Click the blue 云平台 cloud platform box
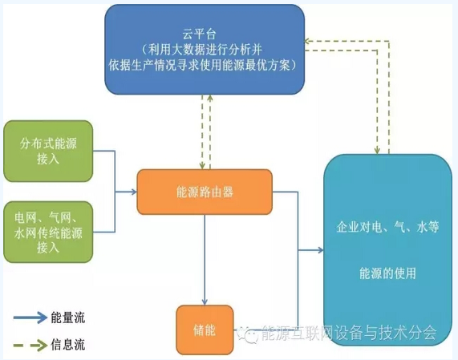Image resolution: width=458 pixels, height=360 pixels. point(205,49)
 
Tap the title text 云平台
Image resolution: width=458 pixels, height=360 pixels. point(200,34)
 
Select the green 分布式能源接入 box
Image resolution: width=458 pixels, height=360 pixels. point(48,151)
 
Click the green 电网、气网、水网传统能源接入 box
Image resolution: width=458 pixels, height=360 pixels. point(48,232)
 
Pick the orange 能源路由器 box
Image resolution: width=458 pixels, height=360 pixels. point(205,192)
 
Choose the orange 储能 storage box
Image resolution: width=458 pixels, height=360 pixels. point(205,330)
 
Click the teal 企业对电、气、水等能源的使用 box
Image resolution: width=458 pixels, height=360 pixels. point(388,250)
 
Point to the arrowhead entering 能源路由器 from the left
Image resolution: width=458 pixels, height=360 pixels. point(135,192)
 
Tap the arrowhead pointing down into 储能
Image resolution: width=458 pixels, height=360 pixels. point(205,302)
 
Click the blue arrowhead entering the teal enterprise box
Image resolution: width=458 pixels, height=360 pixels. point(321,250)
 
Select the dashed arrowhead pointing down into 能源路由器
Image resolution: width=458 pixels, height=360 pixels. point(202,166)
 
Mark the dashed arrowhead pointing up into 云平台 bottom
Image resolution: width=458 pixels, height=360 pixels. point(210,98)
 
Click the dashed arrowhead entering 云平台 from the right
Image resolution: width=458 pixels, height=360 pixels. point(307,41)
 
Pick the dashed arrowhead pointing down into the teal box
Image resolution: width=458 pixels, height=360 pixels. point(377,151)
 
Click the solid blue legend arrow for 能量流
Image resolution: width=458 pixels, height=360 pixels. point(30,318)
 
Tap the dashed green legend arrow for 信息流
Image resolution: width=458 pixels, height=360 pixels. point(30,345)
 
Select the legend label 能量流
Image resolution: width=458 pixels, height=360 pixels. point(67,318)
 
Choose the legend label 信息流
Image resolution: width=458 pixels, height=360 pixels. point(67,345)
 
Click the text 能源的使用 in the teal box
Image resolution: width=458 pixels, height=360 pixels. point(387,273)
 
